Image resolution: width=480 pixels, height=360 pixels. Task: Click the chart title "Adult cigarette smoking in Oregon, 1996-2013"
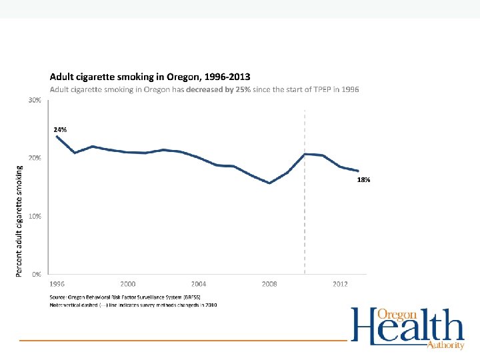149,77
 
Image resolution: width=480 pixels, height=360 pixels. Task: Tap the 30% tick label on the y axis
34,100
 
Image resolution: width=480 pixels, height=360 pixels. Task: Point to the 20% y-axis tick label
34,158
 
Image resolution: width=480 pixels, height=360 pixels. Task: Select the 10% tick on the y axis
34,216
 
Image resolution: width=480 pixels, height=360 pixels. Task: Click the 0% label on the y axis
36,274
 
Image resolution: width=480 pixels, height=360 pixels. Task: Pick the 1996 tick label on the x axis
57,284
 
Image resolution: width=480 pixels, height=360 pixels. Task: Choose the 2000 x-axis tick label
128,284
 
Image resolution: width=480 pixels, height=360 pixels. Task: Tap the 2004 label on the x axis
199,284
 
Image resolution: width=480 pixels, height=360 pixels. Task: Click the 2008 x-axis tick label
269,284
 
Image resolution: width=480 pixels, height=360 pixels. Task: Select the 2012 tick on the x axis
340,284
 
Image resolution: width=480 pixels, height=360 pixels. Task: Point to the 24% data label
60,129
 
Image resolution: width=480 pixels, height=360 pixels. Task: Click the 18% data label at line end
364,180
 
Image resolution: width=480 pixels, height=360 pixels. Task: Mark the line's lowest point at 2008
269,183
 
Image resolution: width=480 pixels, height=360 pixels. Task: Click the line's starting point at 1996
57,136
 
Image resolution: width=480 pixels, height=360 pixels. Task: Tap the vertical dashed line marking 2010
305,213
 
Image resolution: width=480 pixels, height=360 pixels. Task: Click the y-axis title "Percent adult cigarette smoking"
19,221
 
